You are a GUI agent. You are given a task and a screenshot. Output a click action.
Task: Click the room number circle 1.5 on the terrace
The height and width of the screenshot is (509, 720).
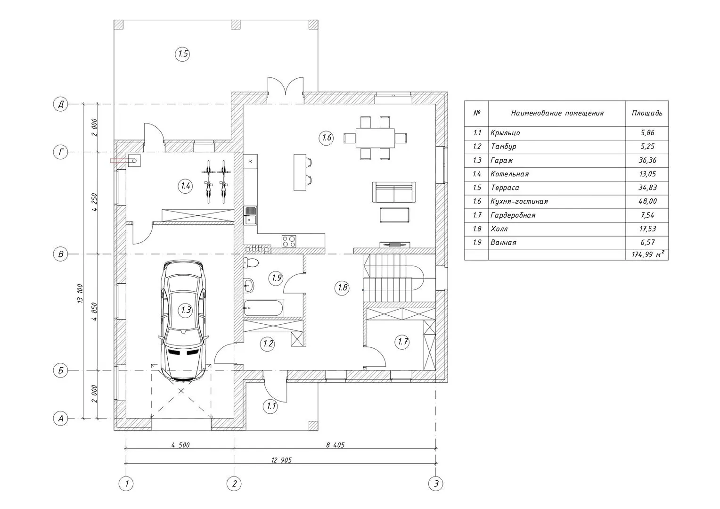[x=182, y=54]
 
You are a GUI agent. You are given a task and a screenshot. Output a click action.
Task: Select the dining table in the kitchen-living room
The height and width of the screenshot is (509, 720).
[x=375, y=138]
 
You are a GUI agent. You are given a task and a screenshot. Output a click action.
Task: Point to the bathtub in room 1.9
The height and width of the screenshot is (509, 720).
[x=263, y=308]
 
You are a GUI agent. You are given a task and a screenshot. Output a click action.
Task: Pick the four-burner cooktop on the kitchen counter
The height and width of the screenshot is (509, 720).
[x=289, y=241]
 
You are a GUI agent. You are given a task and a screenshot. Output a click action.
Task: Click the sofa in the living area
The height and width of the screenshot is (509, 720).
[x=394, y=192]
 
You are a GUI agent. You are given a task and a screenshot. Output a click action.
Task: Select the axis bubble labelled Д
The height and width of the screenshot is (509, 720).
[x=60, y=104]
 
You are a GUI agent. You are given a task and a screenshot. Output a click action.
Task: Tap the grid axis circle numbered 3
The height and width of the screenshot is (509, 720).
[x=436, y=483]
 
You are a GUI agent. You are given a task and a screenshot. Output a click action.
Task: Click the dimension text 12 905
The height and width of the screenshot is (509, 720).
[x=281, y=460]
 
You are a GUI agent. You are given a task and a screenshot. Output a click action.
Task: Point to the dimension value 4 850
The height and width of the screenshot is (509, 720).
[x=94, y=312]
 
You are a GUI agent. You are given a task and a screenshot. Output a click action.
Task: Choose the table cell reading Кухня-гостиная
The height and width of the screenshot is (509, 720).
[x=519, y=202]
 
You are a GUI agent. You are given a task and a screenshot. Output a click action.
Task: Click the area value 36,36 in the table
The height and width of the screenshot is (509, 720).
[x=647, y=160]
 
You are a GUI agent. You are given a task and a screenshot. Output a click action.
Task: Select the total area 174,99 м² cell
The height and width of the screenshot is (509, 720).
[x=647, y=254]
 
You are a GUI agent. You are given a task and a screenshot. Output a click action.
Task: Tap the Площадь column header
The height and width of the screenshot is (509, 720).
[x=647, y=113]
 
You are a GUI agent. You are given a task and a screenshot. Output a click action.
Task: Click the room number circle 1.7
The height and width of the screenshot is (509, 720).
[x=402, y=342]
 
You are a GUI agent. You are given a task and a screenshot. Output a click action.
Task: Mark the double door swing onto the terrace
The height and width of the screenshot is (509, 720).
[x=286, y=86]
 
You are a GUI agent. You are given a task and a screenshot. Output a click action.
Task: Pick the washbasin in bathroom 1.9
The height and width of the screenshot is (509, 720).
[x=248, y=285]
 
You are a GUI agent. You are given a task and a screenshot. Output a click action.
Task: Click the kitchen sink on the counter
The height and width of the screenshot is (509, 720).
[x=250, y=215]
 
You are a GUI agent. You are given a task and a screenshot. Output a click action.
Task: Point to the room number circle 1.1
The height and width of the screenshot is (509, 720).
[x=270, y=406]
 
